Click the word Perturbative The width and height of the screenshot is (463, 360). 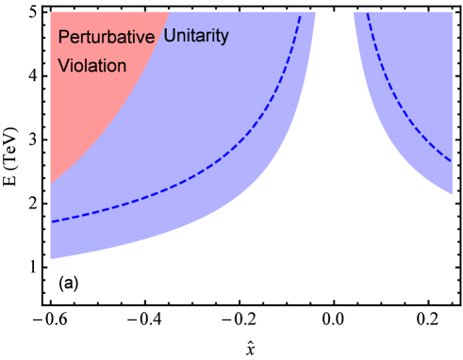point(106,38)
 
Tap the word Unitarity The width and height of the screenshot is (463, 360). point(195,37)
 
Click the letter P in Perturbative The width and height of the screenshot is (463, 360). point(63,38)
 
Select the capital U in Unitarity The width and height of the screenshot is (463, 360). point(170,37)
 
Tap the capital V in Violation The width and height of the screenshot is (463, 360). point(63,66)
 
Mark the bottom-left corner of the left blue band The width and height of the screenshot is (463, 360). point(51,257)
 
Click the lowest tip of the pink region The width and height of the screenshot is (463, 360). point(51,182)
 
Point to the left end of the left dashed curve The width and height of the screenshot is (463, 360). point(51,221)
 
